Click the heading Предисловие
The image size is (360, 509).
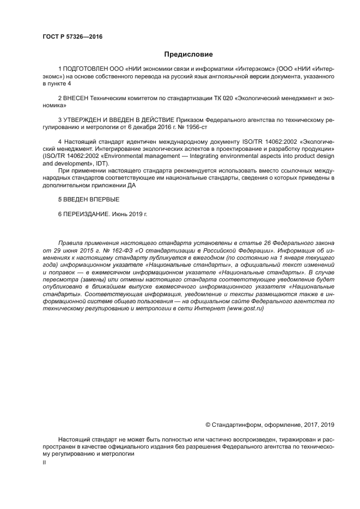click(x=188, y=54)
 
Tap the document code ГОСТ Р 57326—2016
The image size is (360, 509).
click(x=72, y=37)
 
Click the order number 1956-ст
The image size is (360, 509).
click(x=196, y=126)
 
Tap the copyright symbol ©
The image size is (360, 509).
click(x=208, y=425)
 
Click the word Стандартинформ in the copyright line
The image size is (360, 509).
click(x=234, y=425)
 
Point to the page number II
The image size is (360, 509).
click(x=45, y=462)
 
